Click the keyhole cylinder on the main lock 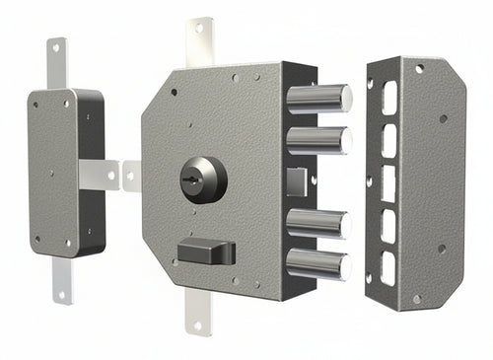tap(204, 180)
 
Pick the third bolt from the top tap(317, 223)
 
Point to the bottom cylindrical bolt tap(317, 262)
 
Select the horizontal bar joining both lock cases tap(109, 175)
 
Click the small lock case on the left tap(65, 168)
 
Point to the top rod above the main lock tap(201, 41)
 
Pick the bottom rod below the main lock tap(197, 315)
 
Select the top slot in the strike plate tap(389, 97)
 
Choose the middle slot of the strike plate tap(388, 182)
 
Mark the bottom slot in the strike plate tap(388, 268)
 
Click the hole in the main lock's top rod tap(199, 28)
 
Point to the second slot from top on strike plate tap(388, 140)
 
